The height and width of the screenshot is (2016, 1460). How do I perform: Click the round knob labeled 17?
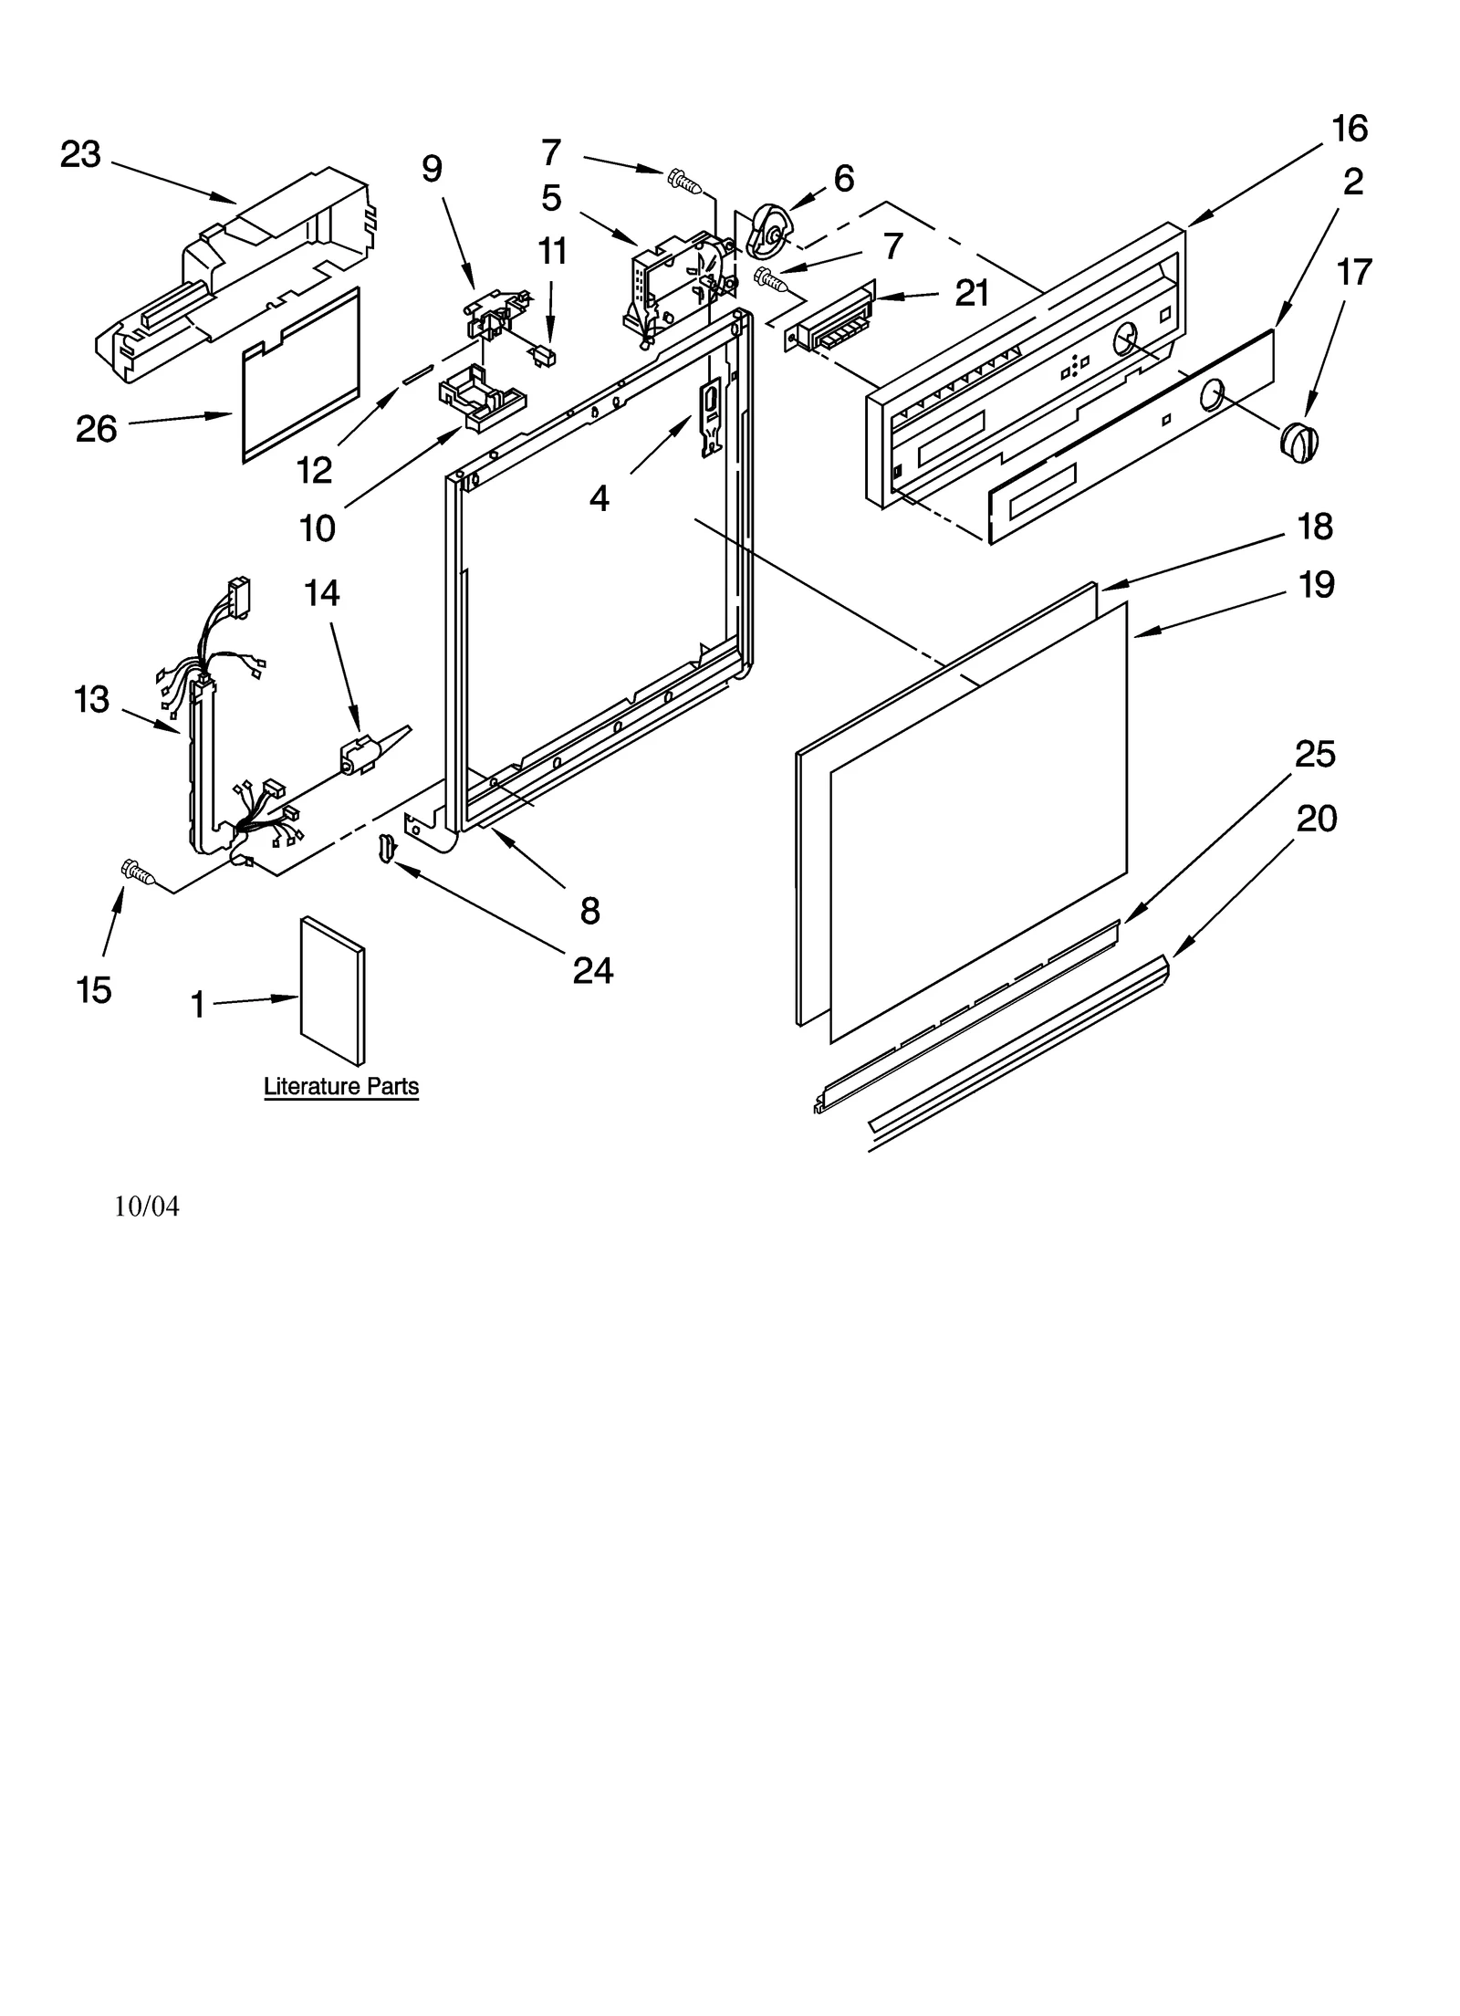(1299, 444)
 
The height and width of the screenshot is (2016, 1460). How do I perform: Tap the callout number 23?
(80, 154)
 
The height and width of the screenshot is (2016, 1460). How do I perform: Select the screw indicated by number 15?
(137, 872)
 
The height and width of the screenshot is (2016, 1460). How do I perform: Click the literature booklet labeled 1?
(332, 990)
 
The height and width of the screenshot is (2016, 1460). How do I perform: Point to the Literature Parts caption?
(341, 1086)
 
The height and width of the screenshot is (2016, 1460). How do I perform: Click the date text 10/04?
(147, 1206)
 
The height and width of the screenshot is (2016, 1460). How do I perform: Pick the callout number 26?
(97, 429)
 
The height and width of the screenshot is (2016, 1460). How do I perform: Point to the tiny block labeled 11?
(547, 355)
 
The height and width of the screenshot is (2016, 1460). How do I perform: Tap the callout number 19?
(1316, 584)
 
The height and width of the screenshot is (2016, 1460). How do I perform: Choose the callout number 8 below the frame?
(590, 910)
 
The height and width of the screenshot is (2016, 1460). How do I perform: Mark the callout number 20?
(1317, 819)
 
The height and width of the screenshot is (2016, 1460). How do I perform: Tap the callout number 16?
(1349, 129)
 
